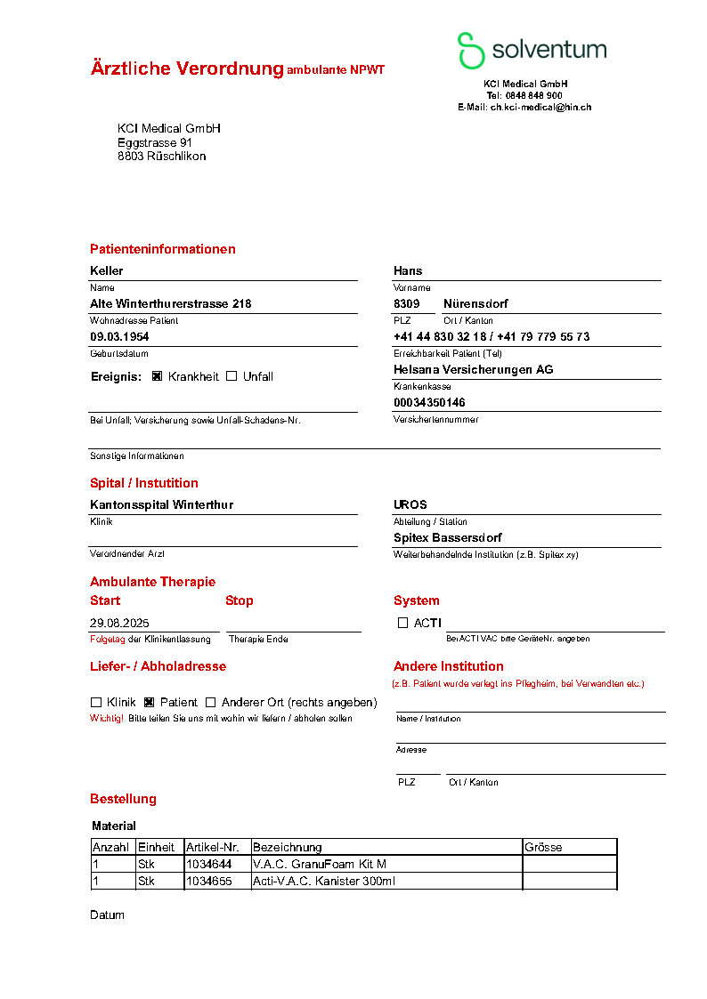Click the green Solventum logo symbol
(471, 51)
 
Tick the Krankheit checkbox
(158, 376)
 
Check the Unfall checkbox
(232, 376)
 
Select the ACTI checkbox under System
(402, 623)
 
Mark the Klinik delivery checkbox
(96, 702)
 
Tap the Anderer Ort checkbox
(211, 702)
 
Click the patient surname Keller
(107, 270)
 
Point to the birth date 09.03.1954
(120, 337)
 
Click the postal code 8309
(406, 303)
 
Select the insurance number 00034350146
(429, 402)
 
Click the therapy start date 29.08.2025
(120, 623)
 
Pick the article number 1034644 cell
(208, 864)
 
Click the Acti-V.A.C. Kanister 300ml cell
(324, 881)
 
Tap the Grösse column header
(544, 847)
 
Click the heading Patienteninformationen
(163, 249)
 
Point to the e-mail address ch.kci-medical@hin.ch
(540, 107)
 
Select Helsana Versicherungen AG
(473, 369)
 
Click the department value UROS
(410, 504)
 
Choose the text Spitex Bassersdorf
(447, 537)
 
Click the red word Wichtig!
(107, 718)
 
